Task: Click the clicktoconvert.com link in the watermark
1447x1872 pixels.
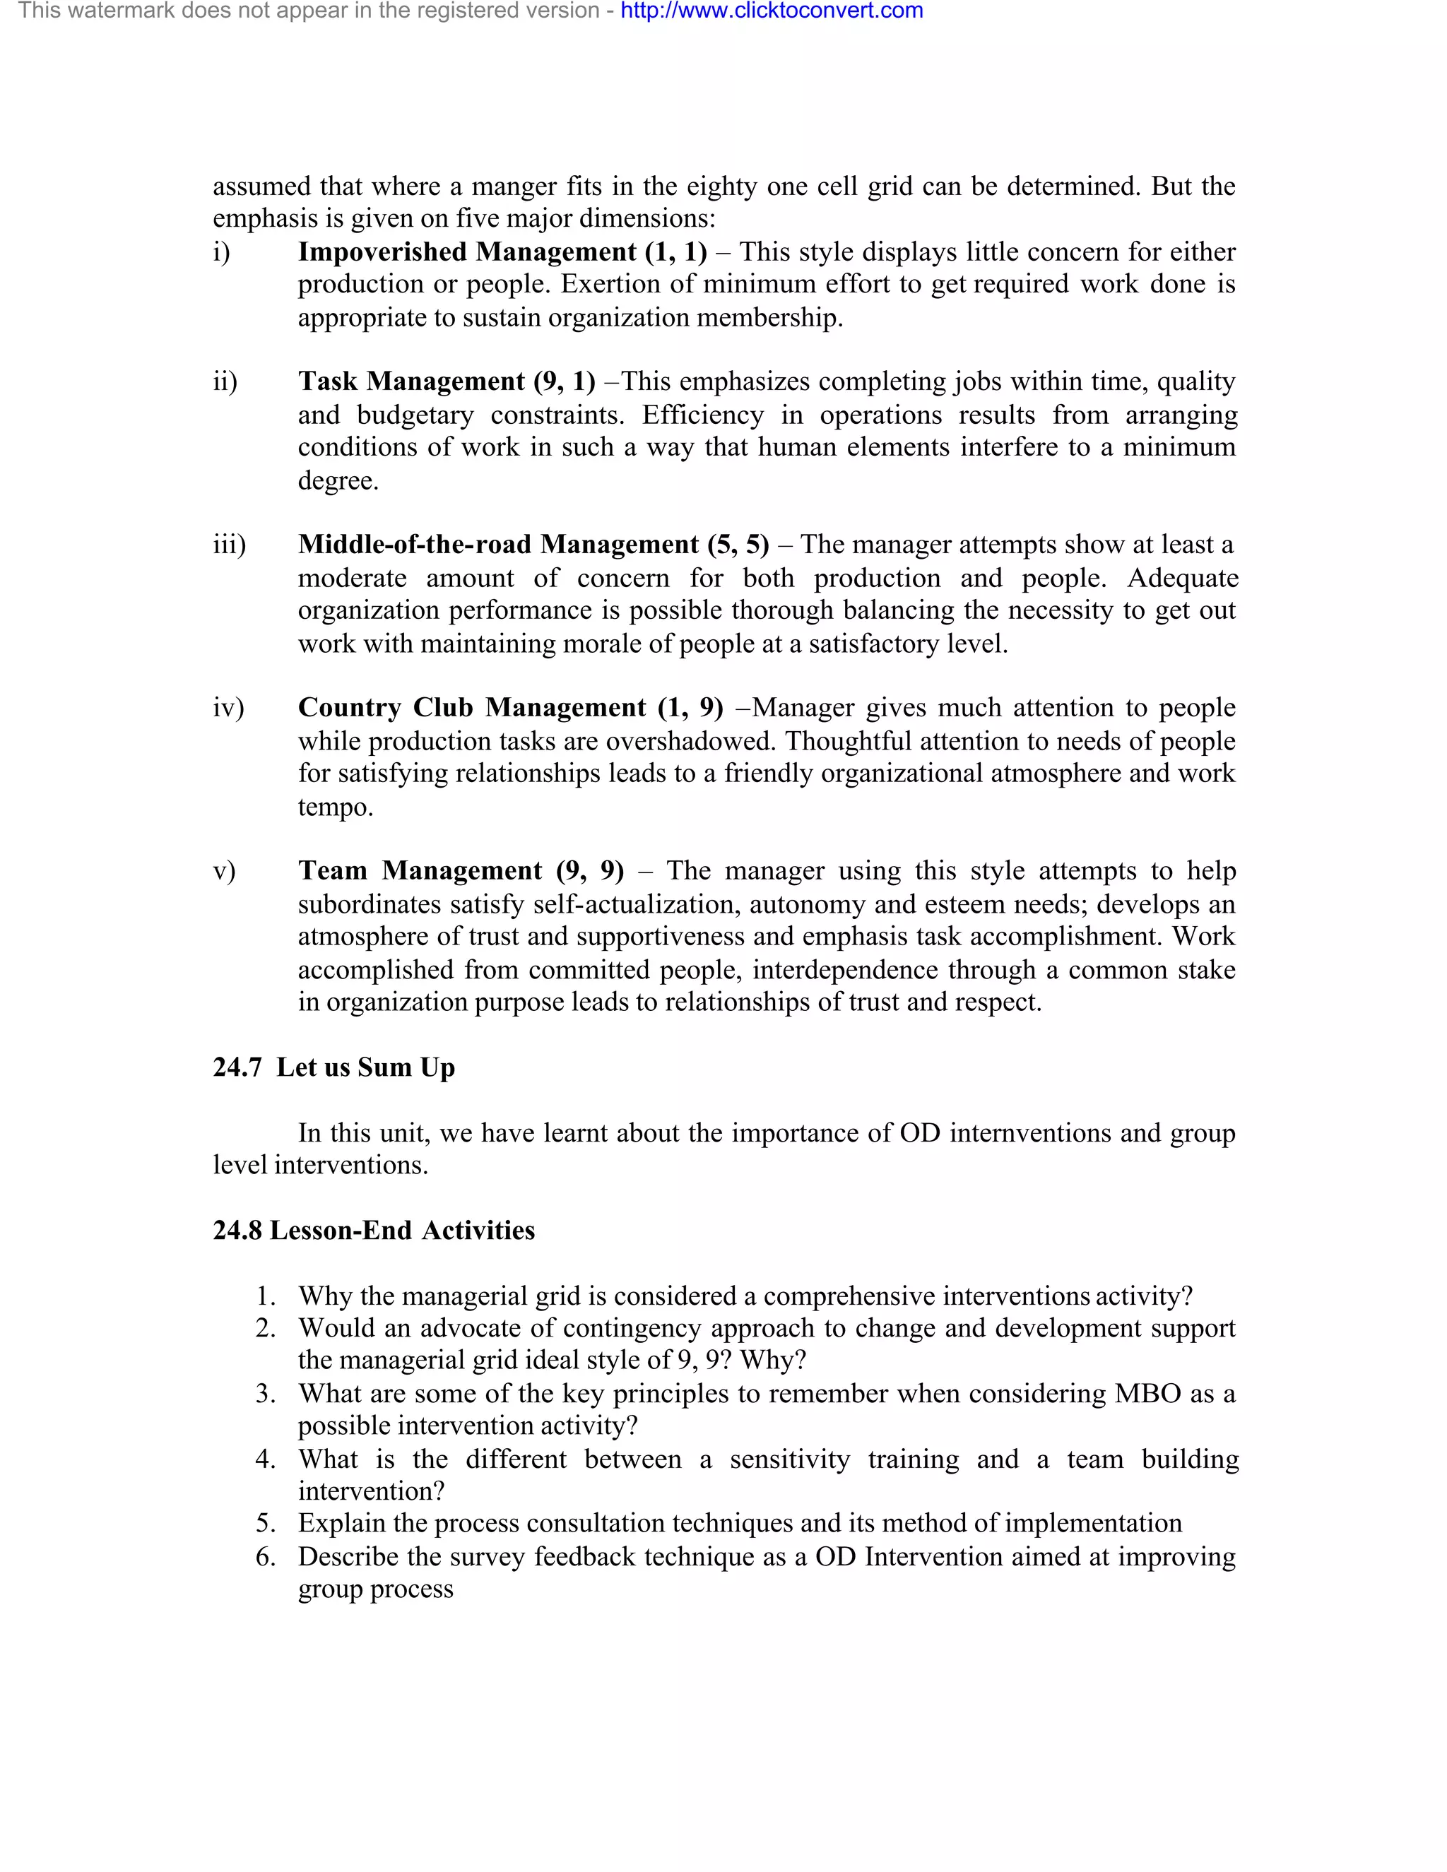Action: click(x=772, y=11)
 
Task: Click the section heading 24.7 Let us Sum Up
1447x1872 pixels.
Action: click(x=333, y=1067)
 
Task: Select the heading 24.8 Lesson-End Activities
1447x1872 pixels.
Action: click(x=374, y=1230)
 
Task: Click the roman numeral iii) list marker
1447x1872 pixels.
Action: click(x=229, y=545)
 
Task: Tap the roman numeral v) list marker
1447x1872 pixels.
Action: click(x=224, y=871)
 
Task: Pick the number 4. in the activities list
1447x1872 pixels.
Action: click(x=266, y=1459)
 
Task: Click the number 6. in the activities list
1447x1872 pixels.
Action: click(x=266, y=1556)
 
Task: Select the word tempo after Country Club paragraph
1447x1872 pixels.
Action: click(x=334, y=807)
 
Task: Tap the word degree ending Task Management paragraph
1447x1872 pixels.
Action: click(x=337, y=481)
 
